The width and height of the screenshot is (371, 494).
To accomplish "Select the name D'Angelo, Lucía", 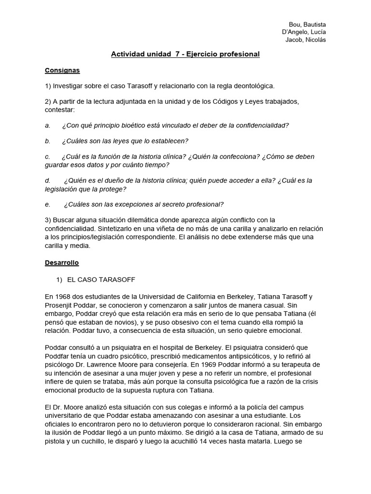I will [x=304, y=32].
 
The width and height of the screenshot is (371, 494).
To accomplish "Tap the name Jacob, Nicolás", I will [x=306, y=40].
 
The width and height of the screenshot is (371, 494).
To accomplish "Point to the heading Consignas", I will [x=62, y=70].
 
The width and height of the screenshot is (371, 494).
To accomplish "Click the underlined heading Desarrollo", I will [x=62, y=263].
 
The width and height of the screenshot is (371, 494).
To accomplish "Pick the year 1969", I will [x=187, y=364].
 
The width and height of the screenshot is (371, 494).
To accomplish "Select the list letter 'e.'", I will [x=48, y=204].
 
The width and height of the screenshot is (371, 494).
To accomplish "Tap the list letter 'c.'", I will [x=48, y=157].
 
